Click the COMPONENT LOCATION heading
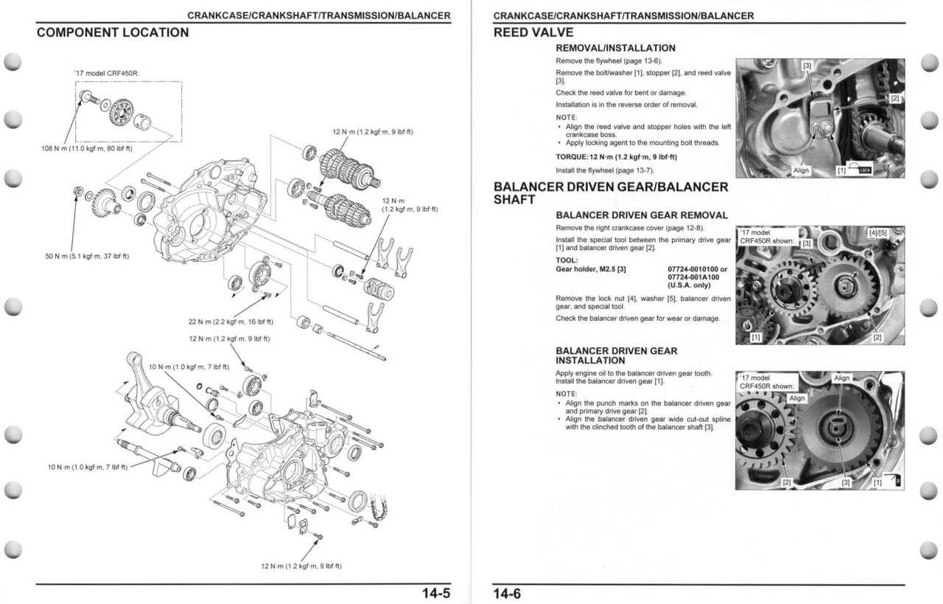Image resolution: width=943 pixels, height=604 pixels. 113,32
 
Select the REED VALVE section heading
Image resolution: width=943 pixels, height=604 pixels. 533,32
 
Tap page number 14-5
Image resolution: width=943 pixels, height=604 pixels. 435,594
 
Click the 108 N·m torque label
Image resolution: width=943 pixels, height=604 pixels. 86,148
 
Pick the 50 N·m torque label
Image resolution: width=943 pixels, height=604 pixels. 87,256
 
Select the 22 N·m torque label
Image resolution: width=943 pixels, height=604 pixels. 231,322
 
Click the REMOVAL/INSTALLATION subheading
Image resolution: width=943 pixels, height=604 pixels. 615,48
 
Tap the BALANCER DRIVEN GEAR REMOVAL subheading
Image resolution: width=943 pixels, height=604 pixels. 641,215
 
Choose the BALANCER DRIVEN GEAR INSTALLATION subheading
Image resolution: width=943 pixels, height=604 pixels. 616,355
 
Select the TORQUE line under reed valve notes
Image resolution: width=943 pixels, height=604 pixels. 616,157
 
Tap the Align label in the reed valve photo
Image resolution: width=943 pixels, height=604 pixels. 801,170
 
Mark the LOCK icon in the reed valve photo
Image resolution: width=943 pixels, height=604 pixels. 863,170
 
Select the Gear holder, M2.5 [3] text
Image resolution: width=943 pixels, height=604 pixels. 591,269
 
